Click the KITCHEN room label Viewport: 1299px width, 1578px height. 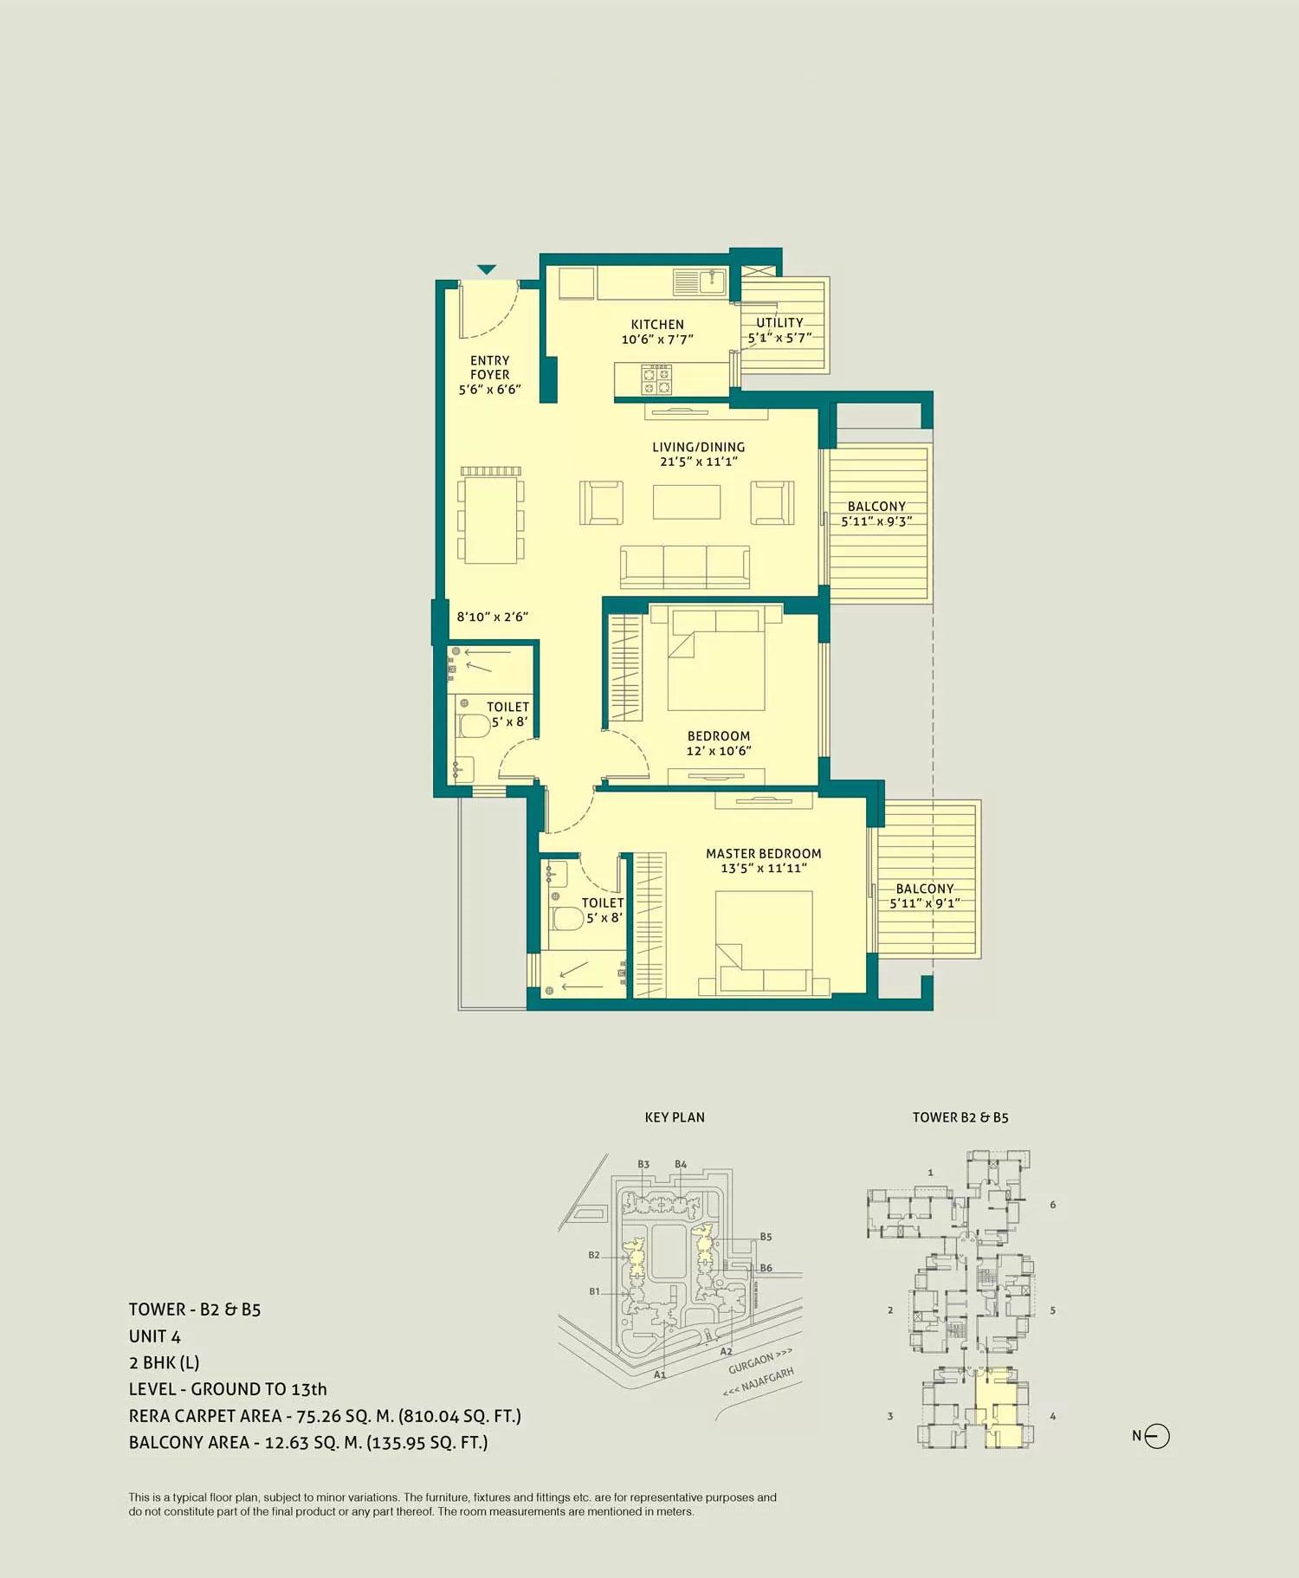tap(657, 324)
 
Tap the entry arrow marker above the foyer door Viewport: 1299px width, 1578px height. tap(487, 269)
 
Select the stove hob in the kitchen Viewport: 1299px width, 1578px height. tap(656, 379)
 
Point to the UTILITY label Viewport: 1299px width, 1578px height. tap(779, 322)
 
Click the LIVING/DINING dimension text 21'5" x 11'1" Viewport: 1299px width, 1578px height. tap(699, 462)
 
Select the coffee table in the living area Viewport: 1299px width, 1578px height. tap(687, 501)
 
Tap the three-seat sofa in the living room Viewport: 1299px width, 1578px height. tap(685, 566)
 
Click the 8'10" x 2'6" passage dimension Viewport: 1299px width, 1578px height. tap(492, 617)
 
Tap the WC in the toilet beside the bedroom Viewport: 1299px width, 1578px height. tap(474, 725)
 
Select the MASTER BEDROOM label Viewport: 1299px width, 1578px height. tap(763, 853)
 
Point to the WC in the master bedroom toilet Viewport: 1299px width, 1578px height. tap(567, 918)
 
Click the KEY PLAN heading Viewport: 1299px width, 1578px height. tap(675, 1117)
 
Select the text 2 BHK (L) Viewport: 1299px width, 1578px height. tap(164, 1362)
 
